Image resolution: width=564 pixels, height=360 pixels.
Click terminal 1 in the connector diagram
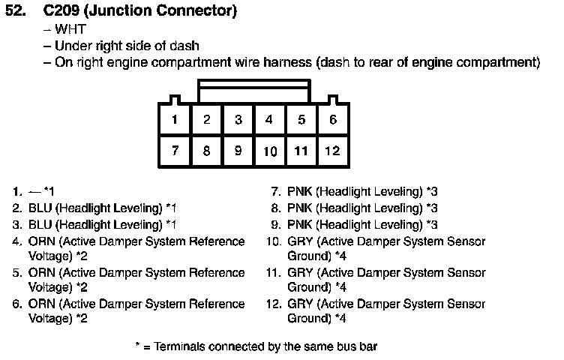pos(175,119)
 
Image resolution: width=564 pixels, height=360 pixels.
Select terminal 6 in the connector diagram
pos(333,119)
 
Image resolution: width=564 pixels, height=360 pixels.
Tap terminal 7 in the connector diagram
pos(175,151)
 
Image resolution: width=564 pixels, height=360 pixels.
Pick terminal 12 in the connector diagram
pos(333,151)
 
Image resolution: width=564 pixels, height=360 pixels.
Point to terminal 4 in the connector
pos(269,119)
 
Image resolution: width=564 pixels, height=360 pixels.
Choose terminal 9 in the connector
pos(238,151)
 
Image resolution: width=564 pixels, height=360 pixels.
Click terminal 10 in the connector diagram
pos(270,151)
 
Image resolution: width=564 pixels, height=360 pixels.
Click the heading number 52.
pos(16,10)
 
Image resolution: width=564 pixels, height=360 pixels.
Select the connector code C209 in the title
pos(61,10)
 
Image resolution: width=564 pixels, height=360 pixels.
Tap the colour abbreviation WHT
pos(70,29)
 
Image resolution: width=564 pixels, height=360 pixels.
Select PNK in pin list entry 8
pos(300,208)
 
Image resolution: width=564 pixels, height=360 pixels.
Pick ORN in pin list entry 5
pos(41,272)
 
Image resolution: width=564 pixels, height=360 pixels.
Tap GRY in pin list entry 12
pos(300,304)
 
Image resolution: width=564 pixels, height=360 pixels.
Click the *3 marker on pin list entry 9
pos(432,225)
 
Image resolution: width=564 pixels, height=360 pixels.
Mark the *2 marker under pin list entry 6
pos(82,318)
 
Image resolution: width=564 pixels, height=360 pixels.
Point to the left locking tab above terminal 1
pos(175,100)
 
